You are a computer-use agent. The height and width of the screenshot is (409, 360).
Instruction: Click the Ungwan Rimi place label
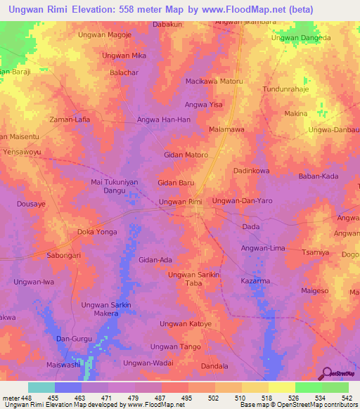click(x=181, y=202)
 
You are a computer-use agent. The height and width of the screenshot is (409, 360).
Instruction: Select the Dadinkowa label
click(x=252, y=171)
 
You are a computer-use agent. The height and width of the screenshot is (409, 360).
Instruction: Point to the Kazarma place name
click(x=255, y=280)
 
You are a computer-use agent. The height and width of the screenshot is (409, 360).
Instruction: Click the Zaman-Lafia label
click(x=70, y=119)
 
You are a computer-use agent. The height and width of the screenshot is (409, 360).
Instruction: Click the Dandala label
click(x=214, y=366)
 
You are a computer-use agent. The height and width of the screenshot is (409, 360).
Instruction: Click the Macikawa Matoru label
click(x=214, y=82)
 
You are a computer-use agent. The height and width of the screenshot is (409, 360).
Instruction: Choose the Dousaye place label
click(x=31, y=204)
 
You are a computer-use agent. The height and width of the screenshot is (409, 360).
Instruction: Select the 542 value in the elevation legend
click(x=346, y=398)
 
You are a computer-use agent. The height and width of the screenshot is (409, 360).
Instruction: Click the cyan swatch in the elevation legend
click(x=41, y=387)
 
